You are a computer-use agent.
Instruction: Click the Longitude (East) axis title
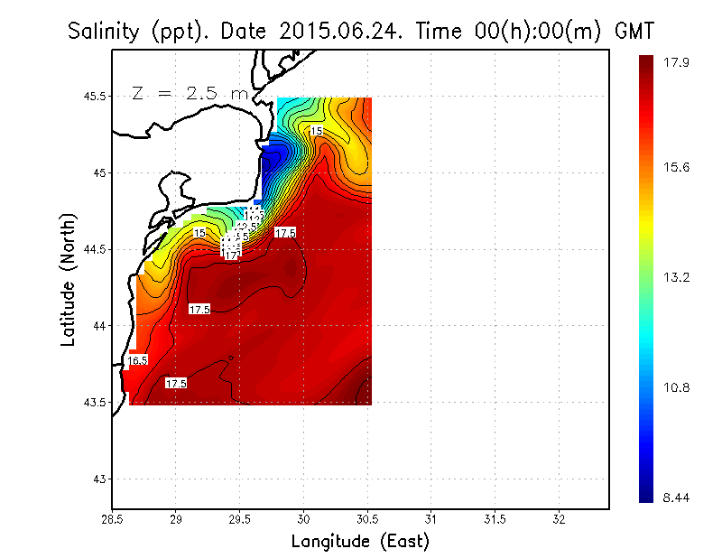point(360,542)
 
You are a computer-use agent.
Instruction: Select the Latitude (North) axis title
point(69,286)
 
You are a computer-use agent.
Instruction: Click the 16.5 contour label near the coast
point(137,361)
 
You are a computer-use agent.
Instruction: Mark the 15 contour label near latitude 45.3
point(316,132)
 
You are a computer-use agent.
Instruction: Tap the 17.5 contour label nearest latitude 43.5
point(175,384)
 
